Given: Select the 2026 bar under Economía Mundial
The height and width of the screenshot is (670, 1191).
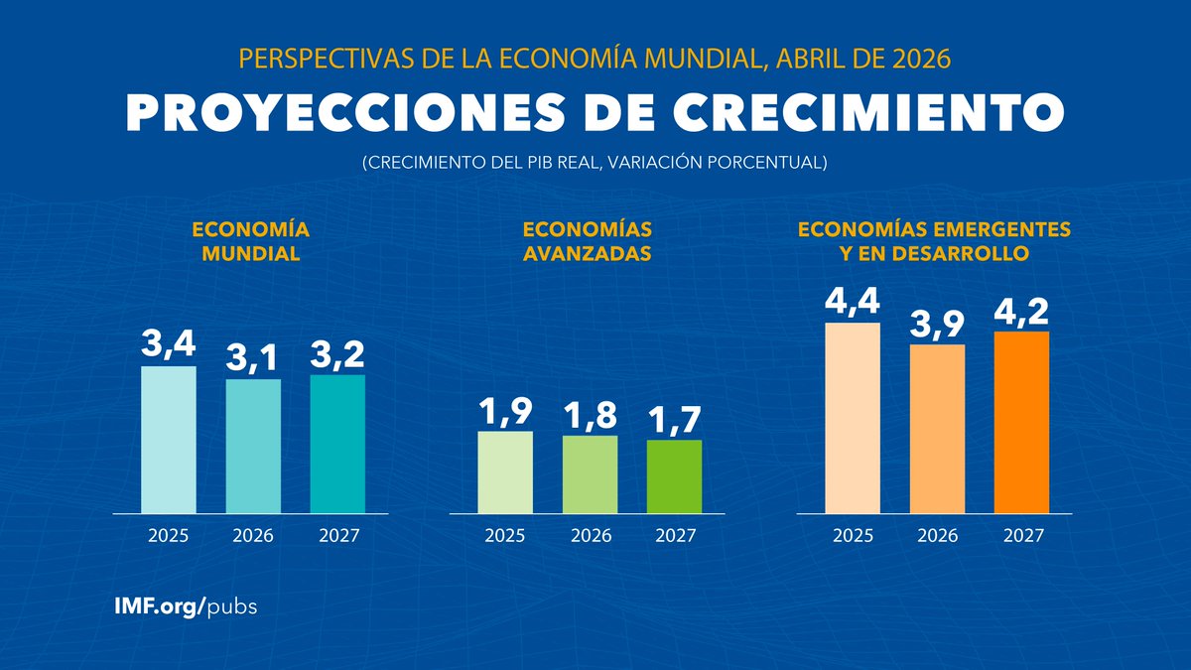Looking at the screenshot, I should pyautogui.click(x=253, y=446).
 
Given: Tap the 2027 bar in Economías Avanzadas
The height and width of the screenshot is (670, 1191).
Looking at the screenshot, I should pyautogui.click(x=675, y=476).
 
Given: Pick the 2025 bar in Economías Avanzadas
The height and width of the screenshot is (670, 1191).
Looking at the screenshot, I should pyautogui.click(x=505, y=472).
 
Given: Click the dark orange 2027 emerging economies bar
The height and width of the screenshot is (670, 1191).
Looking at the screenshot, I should pyautogui.click(x=1021, y=422).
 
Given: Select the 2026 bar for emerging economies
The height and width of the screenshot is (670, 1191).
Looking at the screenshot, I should pyautogui.click(x=937, y=429).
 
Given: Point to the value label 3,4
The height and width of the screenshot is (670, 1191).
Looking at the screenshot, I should pyautogui.click(x=168, y=344).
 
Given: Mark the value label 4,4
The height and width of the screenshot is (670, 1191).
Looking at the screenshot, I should pyautogui.click(x=852, y=301).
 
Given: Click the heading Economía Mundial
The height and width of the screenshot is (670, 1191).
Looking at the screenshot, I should pyautogui.click(x=251, y=241).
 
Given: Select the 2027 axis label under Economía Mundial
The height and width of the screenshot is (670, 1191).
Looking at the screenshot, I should pyautogui.click(x=338, y=536).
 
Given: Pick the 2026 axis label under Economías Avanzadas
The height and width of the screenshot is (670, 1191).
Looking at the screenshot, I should pyautogui.click(x=590, y=536).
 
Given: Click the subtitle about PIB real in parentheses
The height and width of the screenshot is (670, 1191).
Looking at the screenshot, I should pyautogui.click(x=595, y=162).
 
